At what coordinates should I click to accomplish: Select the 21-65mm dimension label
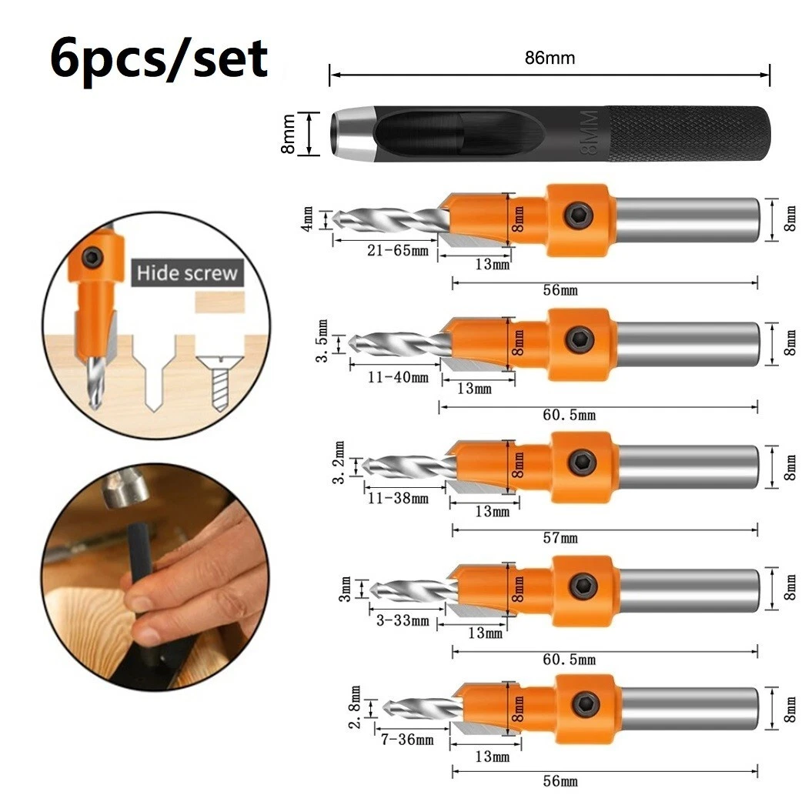(x=386, y=251)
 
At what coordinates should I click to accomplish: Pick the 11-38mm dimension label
(x=398, y=498)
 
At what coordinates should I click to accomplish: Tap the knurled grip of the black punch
(x=689, y=135)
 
